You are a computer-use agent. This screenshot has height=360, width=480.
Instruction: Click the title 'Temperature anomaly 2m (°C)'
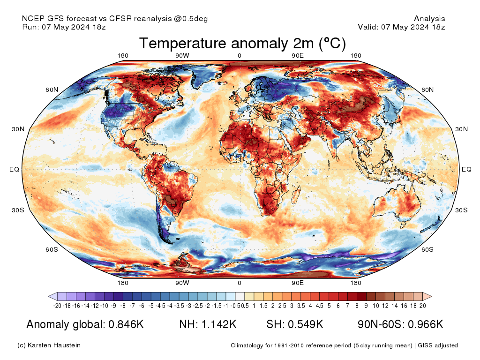tap(242, 43)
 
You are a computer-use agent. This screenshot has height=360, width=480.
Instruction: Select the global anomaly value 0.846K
tap(126, 324)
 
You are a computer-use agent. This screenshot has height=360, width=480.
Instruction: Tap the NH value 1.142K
tap(219, 324)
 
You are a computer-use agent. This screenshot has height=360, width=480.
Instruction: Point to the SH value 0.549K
tap(306, 324)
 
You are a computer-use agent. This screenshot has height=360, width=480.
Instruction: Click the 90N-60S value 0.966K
tap(426, 324)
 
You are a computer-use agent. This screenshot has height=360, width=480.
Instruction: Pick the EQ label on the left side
tap(14, 169)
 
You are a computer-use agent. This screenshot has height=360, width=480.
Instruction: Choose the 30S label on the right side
tap(461, 210)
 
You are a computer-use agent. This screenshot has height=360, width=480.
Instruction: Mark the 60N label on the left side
tap(52, 90)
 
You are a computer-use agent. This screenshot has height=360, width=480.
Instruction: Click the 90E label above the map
tap(298, 55)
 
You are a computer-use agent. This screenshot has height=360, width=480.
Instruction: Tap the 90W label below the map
tap(182, 283)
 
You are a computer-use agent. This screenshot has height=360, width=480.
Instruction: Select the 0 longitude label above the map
tap(240, 55)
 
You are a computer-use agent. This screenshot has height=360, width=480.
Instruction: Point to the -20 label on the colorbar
tap(57, 306)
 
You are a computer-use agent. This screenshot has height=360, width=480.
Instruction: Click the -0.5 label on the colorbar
tap(236, 306)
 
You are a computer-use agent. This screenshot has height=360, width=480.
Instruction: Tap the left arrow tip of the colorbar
tap(48, 296)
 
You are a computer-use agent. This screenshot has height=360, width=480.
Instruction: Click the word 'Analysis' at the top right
tap(429, 19)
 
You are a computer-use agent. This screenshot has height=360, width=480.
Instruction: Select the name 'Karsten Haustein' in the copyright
tap(54, 345)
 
